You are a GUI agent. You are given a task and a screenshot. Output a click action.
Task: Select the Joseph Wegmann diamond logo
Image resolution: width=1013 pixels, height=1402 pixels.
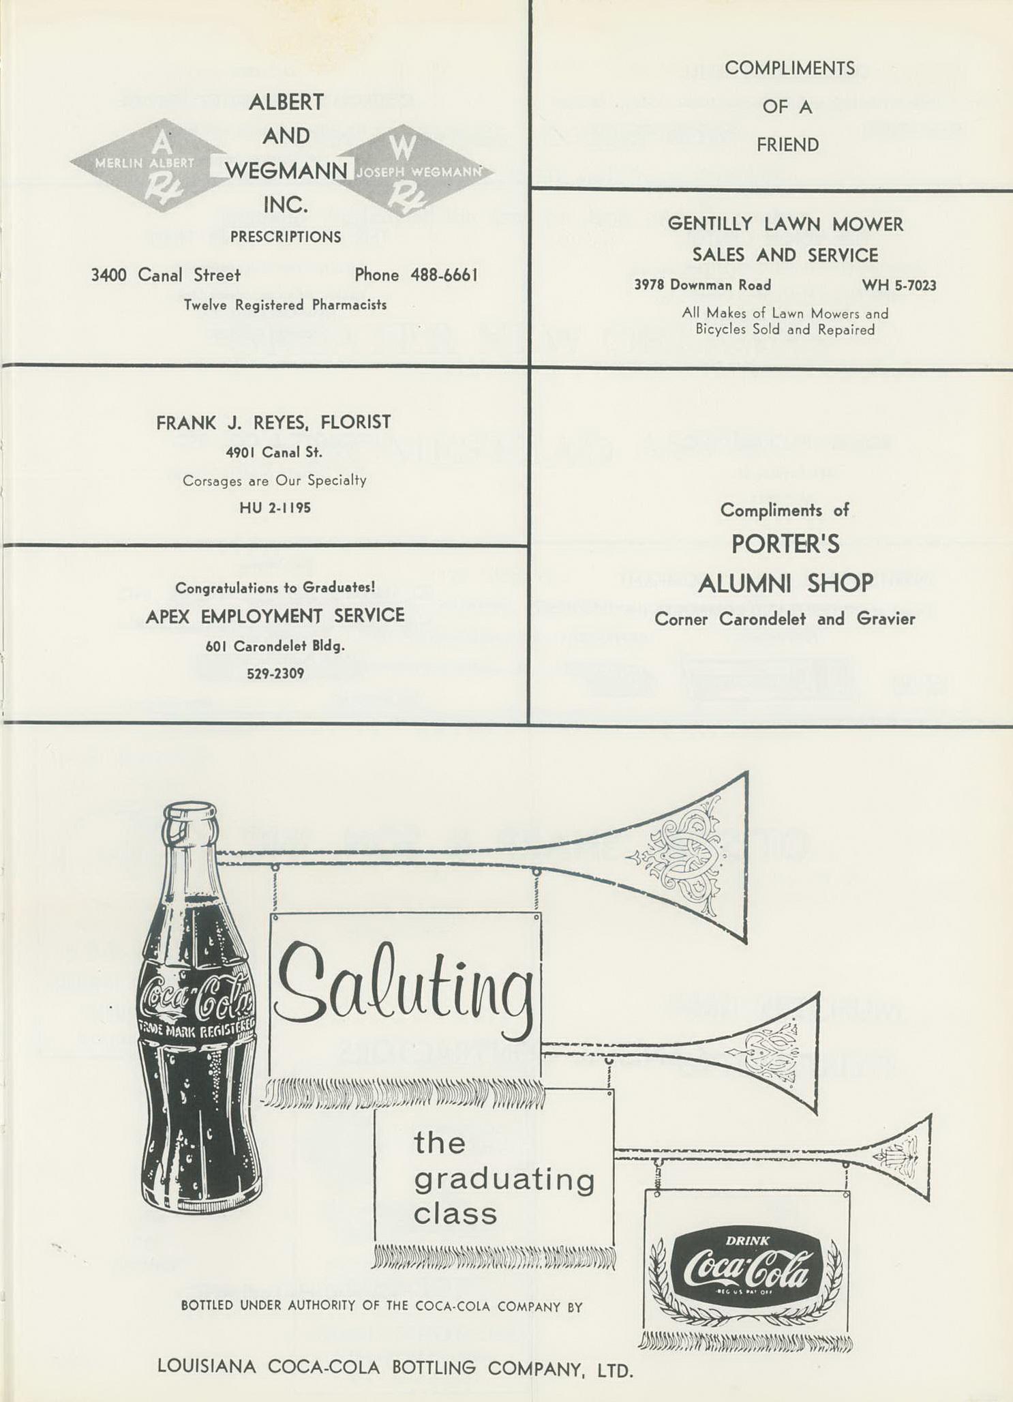coord(413,170)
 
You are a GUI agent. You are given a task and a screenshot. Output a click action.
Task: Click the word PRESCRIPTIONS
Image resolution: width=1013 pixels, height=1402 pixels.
coord(286,237)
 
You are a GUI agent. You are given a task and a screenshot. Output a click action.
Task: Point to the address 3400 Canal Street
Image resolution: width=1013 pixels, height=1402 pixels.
coord(166,275)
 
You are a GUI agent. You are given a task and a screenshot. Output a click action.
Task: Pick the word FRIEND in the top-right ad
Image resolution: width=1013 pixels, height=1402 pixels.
coord(787,145)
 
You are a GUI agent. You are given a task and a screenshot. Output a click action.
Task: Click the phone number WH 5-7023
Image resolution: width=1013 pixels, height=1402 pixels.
coord(898,285)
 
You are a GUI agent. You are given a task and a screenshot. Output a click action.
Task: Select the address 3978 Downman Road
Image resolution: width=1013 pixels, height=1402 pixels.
coord(702,285)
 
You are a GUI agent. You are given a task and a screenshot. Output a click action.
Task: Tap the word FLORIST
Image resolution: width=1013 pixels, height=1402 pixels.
coord(356,423)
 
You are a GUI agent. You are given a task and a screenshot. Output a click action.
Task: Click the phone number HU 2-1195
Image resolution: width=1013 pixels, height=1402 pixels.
coord(275,508)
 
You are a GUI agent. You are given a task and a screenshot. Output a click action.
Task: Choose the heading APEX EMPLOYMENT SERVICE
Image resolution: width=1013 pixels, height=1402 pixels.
coord(275,616)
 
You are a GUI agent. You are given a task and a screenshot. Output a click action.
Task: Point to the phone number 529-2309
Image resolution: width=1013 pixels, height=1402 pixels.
coord(275,674)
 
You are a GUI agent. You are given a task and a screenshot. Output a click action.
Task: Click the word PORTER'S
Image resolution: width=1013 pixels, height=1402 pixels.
coord(785,544)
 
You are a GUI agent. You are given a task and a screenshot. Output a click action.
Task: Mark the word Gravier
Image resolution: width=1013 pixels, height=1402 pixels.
coord(886,619)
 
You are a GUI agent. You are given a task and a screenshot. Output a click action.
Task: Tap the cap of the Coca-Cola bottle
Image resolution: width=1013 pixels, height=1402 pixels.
coord(190,816)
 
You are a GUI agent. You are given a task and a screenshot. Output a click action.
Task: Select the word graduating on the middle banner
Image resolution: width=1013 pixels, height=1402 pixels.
coord(504,1180)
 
